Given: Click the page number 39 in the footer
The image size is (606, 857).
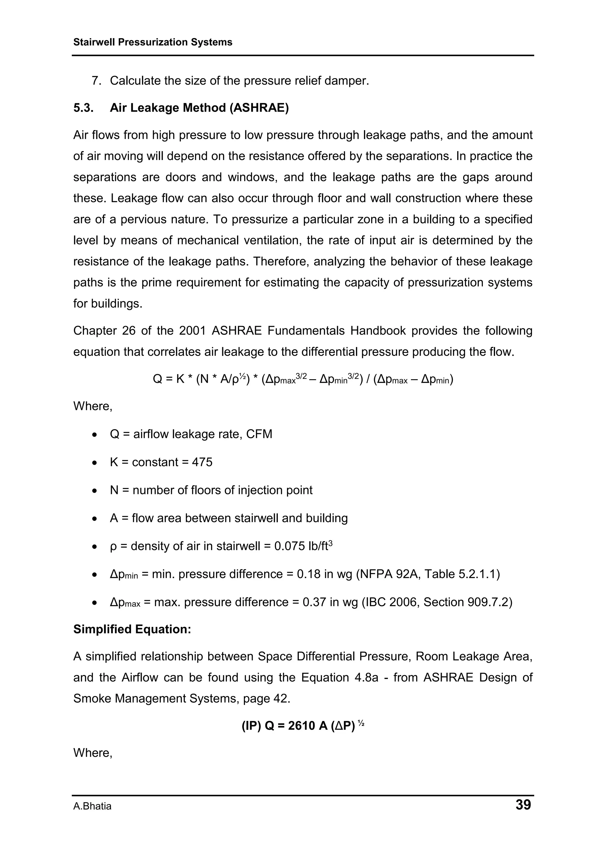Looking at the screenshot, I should (523, 804).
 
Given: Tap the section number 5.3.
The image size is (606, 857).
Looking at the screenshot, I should (83, 108).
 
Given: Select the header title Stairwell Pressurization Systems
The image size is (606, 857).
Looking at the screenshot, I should (153, 42).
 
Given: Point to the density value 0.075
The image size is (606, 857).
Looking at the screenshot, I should (289, 546).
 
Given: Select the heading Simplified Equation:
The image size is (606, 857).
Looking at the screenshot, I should (132, 629).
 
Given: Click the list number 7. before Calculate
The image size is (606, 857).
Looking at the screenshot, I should (96, 81).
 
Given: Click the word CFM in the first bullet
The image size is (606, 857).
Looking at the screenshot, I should (259, 434).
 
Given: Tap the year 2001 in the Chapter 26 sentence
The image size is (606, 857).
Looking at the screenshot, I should (192, 331).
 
